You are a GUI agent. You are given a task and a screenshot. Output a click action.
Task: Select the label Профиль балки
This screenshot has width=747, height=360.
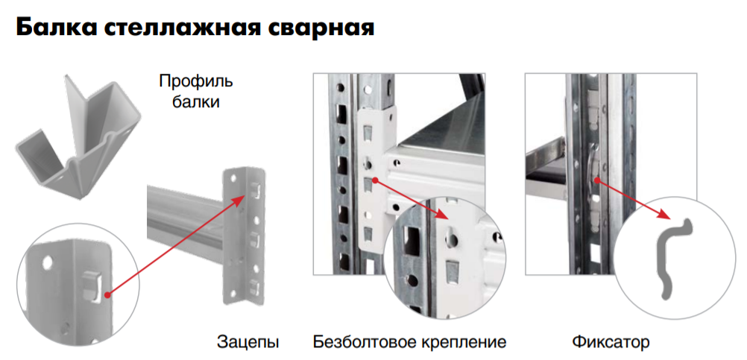(196, 92)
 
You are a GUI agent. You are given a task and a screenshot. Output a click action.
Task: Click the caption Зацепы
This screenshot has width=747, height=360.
(248, 342)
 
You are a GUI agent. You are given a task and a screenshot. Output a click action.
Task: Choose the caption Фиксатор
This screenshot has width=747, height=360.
(611, 341)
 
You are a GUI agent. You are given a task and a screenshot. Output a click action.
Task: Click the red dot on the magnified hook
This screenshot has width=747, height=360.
(107, 295)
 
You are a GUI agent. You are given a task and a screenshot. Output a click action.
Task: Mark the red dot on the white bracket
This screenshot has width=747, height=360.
(376, 180)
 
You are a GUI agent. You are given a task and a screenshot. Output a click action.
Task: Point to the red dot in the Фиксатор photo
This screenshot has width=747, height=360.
(597, 180)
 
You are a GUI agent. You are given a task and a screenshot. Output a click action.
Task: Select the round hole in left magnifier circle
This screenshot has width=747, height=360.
(47, 262)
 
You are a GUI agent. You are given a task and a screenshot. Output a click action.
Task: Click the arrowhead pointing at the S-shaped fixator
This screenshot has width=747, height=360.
(666, 215)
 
